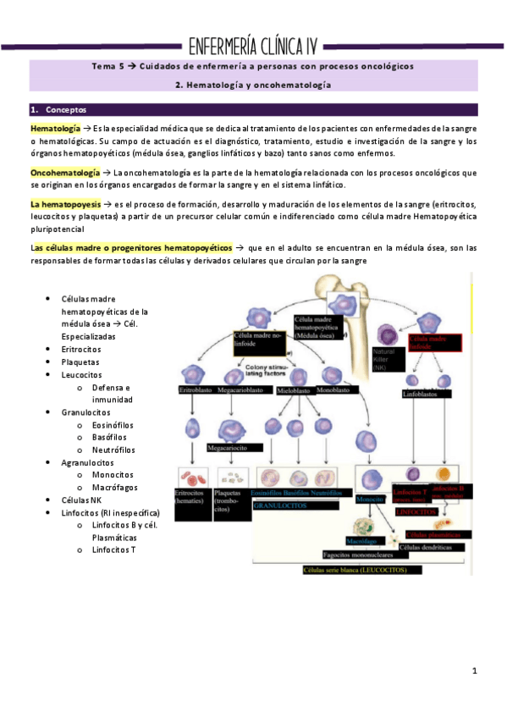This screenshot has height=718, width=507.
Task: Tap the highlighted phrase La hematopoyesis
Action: point(65,205)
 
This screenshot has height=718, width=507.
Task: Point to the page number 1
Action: point(476,671)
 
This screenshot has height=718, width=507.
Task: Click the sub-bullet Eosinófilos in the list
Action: point(115,424)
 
